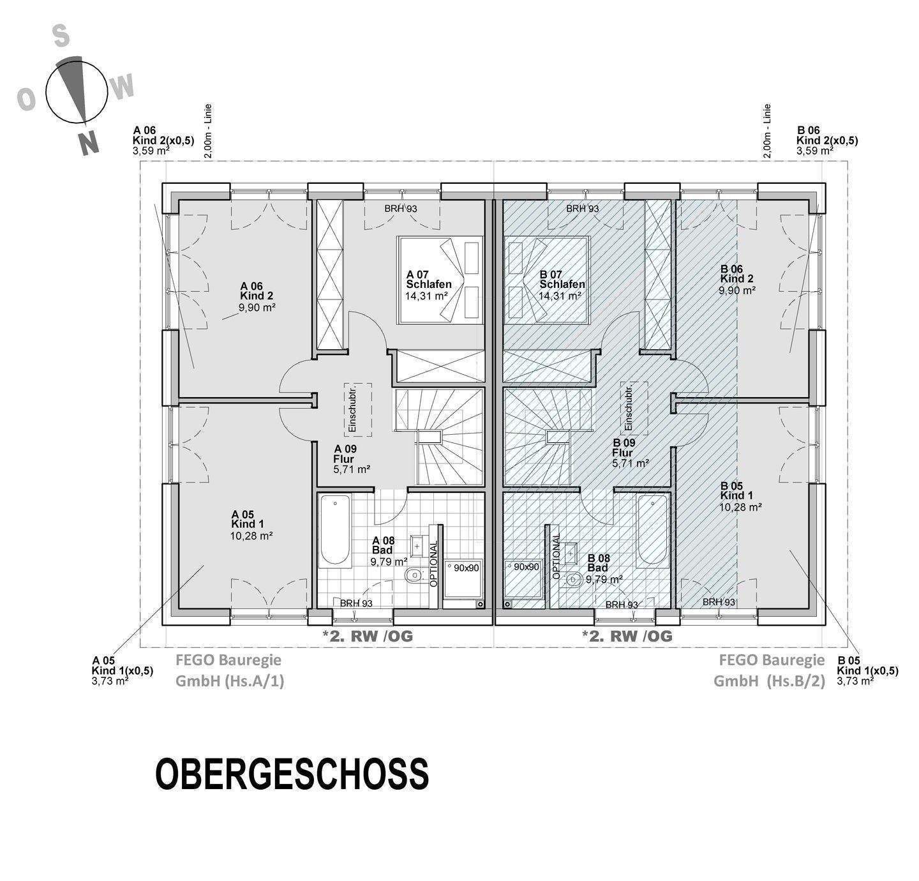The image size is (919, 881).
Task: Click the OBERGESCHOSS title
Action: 292,774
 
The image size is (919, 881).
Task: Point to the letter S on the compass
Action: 61,37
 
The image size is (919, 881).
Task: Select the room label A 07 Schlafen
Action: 428,280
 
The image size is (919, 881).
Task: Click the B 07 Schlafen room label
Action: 562,280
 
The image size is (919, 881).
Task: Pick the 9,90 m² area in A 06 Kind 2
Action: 257,307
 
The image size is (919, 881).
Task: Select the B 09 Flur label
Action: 623,448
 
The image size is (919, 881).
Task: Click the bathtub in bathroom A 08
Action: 334,530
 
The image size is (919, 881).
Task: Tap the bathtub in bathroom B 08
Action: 652,530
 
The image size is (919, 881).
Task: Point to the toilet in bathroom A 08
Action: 414,576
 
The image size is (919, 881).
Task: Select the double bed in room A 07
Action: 440,280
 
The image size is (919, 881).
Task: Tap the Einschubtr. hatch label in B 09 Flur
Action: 628,407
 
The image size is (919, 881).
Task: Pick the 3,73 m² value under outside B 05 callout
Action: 855,681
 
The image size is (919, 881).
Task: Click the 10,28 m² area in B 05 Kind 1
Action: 742,507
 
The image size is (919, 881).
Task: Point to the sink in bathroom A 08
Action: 417,546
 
